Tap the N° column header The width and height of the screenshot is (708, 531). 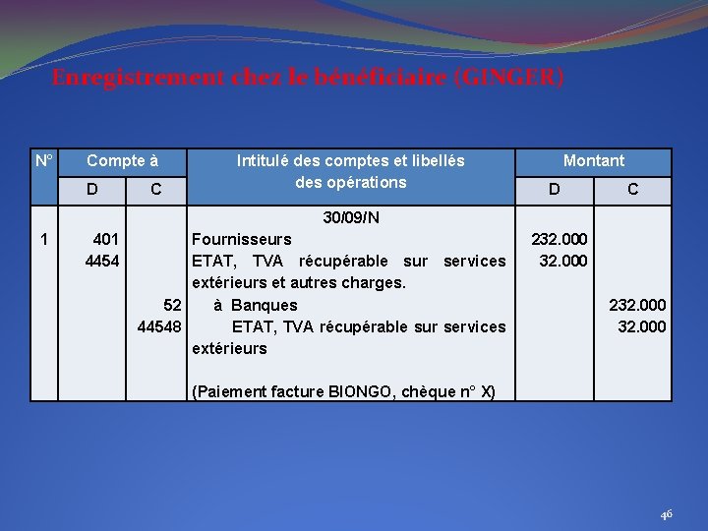44,160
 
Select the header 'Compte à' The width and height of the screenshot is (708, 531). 123,160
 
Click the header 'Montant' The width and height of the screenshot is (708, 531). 593,160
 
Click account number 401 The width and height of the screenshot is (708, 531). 106,239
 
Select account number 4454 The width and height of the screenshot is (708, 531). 102,261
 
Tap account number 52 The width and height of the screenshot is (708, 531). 172,305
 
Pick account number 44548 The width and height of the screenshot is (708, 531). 159,326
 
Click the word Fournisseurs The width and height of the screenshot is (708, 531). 242,239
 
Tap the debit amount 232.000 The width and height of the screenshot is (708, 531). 560,239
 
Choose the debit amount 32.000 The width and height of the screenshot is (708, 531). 563,261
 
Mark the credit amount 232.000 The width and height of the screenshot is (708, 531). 637,305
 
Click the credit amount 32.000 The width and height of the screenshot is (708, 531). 641,326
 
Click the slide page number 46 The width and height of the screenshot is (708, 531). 666,513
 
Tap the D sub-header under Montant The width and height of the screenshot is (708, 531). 555,189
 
